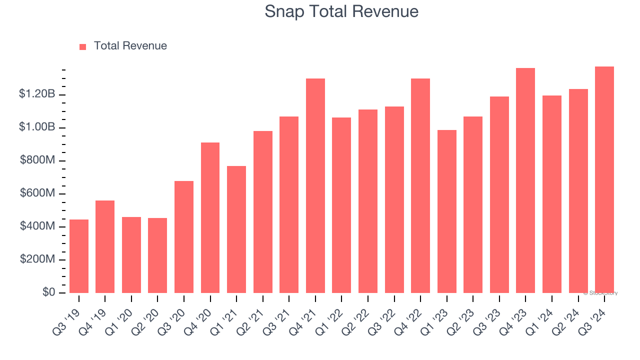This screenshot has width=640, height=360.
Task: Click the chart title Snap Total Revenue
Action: [x=341, y=11]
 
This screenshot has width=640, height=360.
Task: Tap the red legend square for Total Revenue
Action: [x=83, y=46]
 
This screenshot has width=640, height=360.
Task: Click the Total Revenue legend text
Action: [x=130, y=46]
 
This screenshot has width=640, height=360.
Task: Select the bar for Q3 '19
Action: [x=79, y=256]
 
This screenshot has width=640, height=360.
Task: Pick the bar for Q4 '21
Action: [x=315, y=185]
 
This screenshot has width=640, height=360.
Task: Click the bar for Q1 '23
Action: [x=446, y=211]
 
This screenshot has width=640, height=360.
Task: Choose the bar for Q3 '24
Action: [x=604, y=180]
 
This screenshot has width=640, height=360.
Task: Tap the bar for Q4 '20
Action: [x=210, y=217]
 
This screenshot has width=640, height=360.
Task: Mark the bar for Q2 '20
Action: [x=157, y=255]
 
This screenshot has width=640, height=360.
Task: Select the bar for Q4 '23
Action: [x=525, y=180]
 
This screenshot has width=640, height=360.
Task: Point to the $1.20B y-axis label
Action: [x=37, y=94]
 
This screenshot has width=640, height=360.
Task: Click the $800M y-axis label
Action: [x=37, y=160]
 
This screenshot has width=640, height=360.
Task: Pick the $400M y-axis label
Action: [x=37, y=226]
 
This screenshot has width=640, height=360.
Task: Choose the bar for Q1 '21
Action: [x=236, y=229]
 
